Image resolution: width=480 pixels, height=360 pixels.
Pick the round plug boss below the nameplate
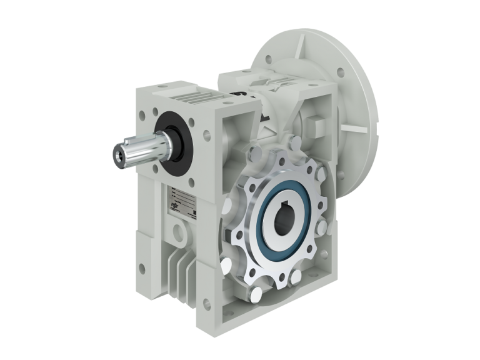(x=182, y=235)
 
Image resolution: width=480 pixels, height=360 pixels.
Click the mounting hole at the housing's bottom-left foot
(x=142, y=269)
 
